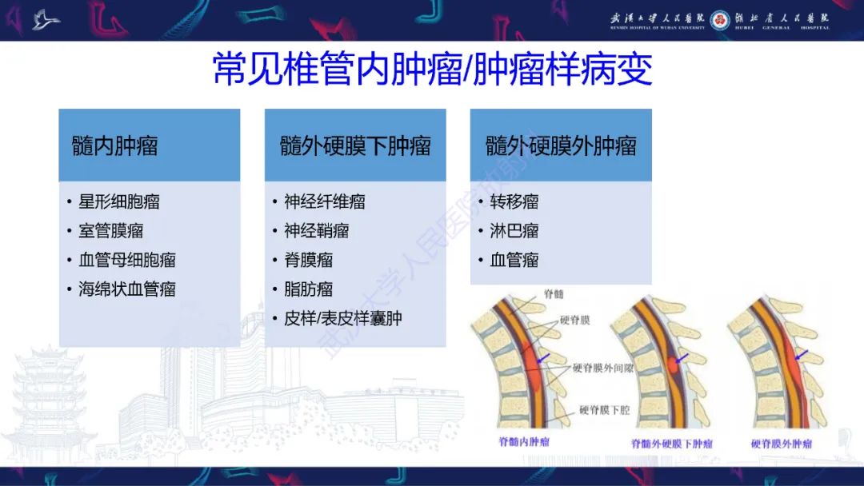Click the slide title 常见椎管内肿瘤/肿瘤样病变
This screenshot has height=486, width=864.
pyautogui.click(x=432, y=70)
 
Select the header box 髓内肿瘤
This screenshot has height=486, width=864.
pyautogui.click(x=115, y=145)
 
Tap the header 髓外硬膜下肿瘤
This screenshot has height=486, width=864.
pyautogui.click(x=355, y=145)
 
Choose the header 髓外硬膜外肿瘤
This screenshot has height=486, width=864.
pyautogui.click(x=561, y=145)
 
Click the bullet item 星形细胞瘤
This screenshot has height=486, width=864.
pyautogui.click(x=118, y=201)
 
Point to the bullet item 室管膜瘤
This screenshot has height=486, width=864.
pyautogui.click(x=110, y=231)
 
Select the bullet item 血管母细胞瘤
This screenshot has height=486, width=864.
pyautogui.click(x=126, y=260)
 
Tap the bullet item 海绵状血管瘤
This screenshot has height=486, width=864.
pyautogui.click(x=126, y=289)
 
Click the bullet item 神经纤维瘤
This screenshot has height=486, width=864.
pyautogui.click(x=324, y=201)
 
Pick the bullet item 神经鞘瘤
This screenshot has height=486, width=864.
pyautogui.click(x=316, y=231)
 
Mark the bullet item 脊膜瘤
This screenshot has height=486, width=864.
pyautogui.click(x=308, y=260)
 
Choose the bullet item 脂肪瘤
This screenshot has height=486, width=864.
pyautogui.click(x=308, y=289)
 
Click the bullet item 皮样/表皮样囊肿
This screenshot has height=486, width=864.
pyautogui.click(x=342, y=318)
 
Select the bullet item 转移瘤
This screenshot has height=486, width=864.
pyautogui.click(x=514, y=201)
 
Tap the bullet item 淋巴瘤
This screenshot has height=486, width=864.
pyautogui.click(x=514, y=231)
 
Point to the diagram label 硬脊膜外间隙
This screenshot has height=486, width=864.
pyautogui.click(x=604, y=368)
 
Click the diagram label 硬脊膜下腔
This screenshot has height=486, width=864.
pyautogui.click(x=604, y=410)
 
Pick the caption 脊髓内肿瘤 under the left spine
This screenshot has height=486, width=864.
pyautogui.click(x=524, y=441)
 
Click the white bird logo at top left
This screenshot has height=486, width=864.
pyautogui.click(x=46, y=20)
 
